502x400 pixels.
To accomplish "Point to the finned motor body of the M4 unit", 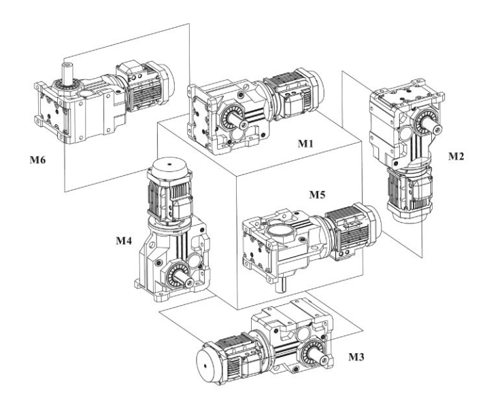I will coord(164,197).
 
